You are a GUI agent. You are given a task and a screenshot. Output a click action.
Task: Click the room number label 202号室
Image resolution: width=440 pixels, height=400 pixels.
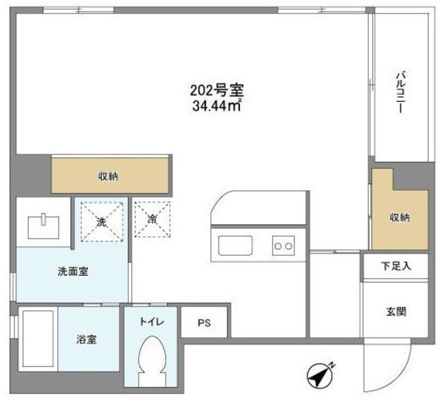[x=217, y=90]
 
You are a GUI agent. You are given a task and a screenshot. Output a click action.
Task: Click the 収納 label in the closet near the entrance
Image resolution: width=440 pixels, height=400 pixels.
[x=400, y=218]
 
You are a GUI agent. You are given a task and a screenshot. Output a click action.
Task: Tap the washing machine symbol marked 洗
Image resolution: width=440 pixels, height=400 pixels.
[x=101, y=221]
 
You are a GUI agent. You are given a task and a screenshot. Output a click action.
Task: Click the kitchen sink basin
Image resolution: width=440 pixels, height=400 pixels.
[x=236, y=245]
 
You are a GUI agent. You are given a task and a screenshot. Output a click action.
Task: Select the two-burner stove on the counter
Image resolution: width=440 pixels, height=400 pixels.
[x=284, y=244]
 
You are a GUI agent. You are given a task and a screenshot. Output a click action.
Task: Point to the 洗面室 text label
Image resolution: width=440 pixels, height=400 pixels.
[x=71, y=271]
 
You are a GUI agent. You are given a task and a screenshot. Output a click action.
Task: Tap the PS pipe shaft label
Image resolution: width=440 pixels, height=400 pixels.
[x=204, y=322]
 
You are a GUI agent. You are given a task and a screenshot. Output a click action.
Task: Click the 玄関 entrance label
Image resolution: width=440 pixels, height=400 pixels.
[x=396, y=311]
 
